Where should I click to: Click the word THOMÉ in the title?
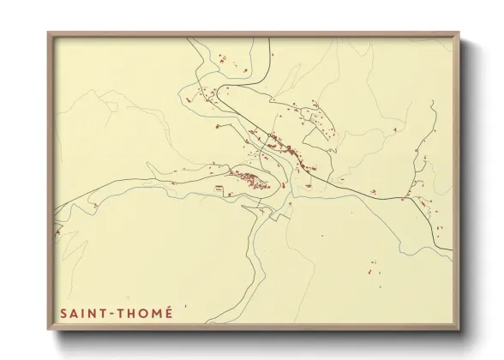pos(145,314)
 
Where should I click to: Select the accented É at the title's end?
pos(168,313)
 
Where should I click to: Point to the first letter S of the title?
pos(63,314)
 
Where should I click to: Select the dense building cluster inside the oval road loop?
pos(249,179)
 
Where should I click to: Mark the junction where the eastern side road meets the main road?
pos(403,200)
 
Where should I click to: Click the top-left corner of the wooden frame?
pos(49,33)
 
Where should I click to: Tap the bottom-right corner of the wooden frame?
pos(459,329)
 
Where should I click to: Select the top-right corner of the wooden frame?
pos(459,33)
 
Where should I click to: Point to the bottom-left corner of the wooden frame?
pos(49,329)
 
